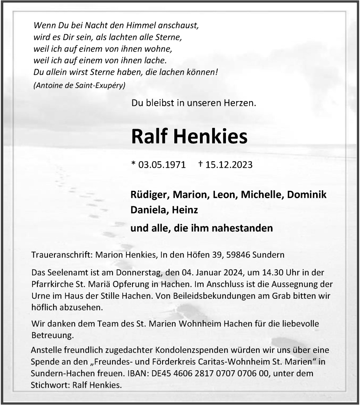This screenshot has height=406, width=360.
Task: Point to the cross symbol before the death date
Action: tap(212, 164)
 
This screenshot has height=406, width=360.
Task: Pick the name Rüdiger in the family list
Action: tap(149, 194)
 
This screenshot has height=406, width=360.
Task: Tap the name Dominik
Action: tap(307, 194)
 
